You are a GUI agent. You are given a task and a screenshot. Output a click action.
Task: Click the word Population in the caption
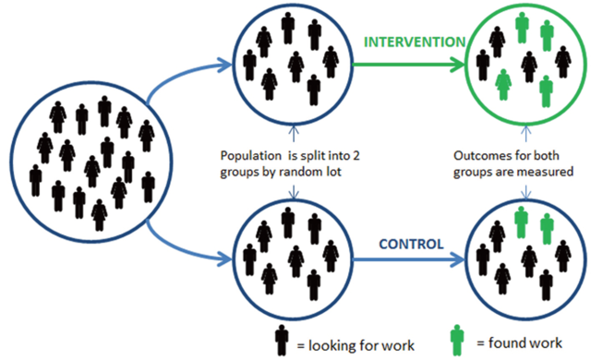pos(247,157)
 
